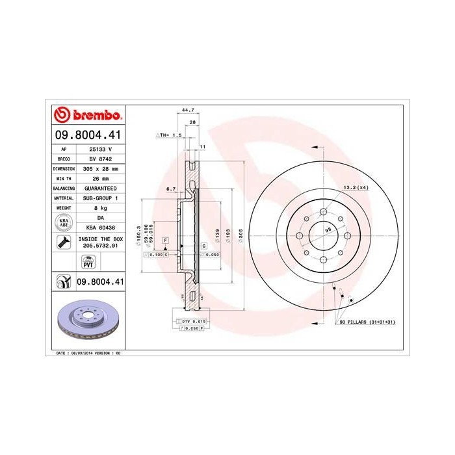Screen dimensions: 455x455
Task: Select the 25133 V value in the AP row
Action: [x=96, y=149]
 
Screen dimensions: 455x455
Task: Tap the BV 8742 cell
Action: [x=96, y=159]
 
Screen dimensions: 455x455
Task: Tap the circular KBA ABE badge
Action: [x=64, y=222]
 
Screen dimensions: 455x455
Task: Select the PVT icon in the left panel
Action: [x=88, y=262]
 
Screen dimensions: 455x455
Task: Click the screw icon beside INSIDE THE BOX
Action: [x=64, y=243]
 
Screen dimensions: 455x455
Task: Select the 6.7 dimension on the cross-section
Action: [x=172, y=188]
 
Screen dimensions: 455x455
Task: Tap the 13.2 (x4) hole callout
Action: [x=354, y=187]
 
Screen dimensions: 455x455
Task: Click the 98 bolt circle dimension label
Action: [x=329, y=230]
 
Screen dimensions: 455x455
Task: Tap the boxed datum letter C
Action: [x=203, y=246]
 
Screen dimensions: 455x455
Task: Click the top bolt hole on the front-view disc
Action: [x=323, y=211]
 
